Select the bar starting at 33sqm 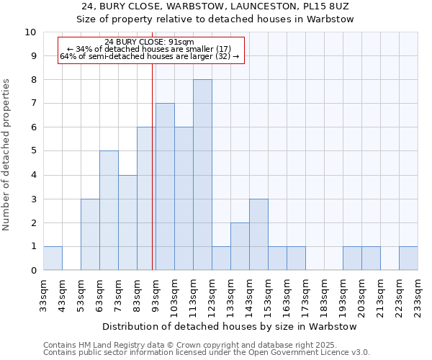click(53, 258)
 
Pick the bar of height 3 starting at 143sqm click(258, 235)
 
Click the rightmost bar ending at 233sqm click(408, 258)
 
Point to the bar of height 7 click(165, 186)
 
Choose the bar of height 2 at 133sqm click(240, 246)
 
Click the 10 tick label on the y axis click(30, 32)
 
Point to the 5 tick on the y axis click(33, 151)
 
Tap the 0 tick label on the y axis click(33, 271)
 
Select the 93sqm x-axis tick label click(156, 296)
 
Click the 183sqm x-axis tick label click(324, 296)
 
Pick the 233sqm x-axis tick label click(418, 296)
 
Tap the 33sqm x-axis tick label click(43, 296)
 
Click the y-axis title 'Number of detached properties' click(7, 155)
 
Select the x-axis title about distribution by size click(230, 326)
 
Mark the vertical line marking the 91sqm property click(153, 180)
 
